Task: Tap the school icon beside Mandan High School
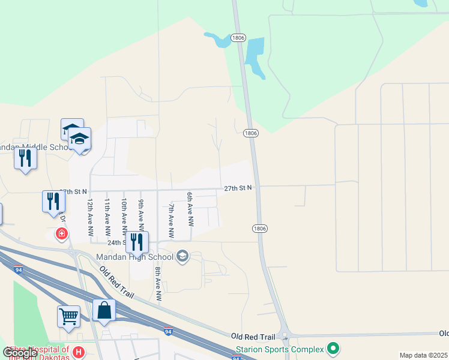(x=182, y=257)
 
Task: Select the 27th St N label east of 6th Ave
(x=238, y=188)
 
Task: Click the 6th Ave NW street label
(x=190, y=209)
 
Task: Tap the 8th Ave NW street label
(x=158, y=283)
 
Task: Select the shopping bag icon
(x=104, y=311)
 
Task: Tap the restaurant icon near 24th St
(x=137, y=242)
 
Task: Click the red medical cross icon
(x=61, y=233)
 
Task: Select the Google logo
(x=19, y=353)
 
